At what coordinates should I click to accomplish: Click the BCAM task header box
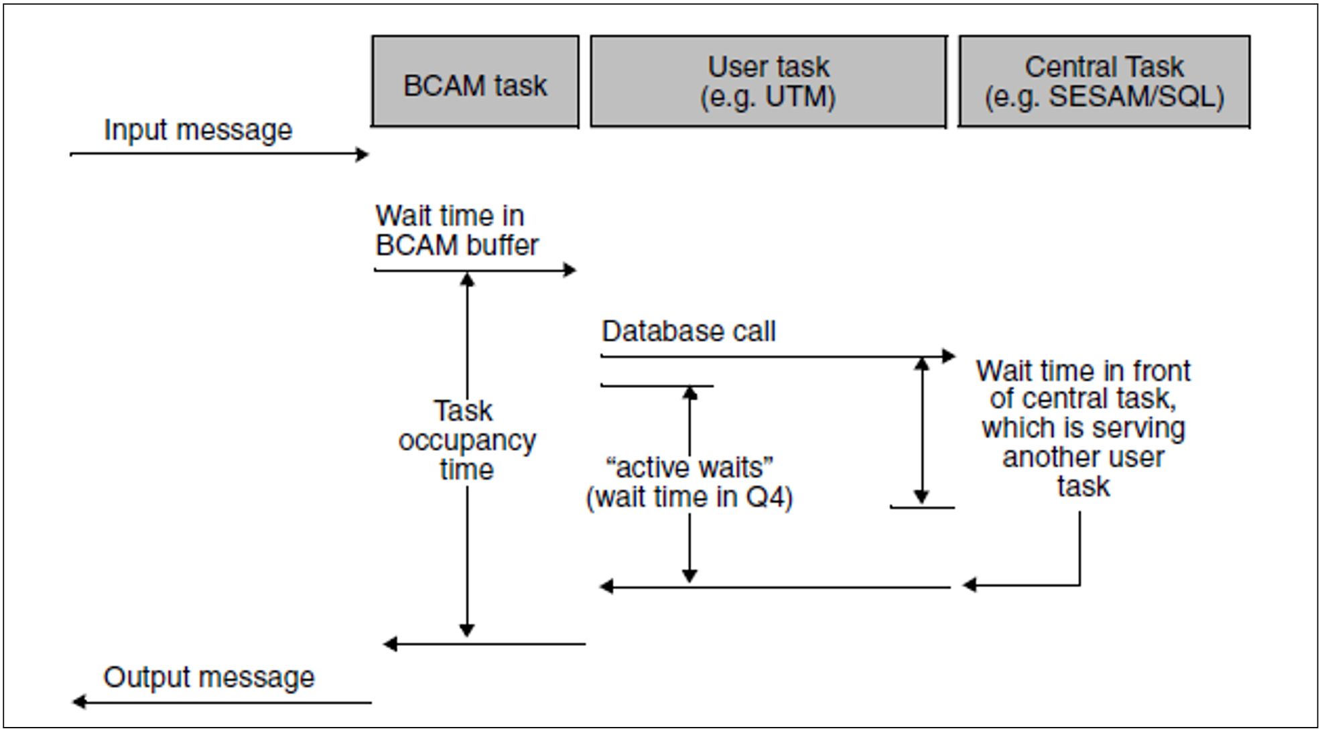(x=475, y=82)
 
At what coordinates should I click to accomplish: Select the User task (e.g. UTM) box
(x=768, y=82)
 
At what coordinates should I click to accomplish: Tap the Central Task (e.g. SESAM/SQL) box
(x=1104, y=82)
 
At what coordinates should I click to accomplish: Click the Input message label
(x=198, y=130)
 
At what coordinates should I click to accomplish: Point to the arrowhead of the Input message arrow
(x=363, y=155)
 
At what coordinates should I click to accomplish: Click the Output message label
(x=208, y=677)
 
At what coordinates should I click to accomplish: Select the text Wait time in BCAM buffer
(x=456, y=231)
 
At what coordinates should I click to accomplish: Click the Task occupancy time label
(x=466, y=440)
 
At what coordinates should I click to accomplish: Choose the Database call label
(x=688, y=332)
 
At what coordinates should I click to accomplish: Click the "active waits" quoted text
(x=689, y=468)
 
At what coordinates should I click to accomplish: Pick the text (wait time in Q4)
(x=689, y=497)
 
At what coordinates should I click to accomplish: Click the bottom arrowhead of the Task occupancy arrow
(x=467, y=630)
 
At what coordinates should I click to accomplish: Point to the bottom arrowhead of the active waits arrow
(x=689, y=576)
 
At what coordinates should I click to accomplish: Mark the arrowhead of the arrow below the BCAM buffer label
(x=570, y=270)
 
